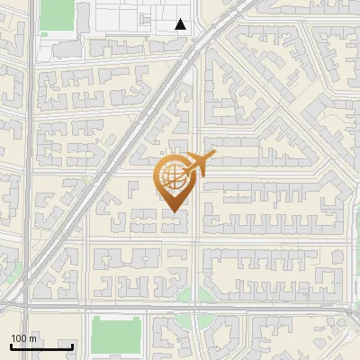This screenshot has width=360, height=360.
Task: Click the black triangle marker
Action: [181, 24]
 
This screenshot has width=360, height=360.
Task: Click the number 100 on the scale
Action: [20, 338]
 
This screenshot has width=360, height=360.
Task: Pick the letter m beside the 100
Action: [33, 338]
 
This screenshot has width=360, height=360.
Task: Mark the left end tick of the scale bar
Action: [11, 345]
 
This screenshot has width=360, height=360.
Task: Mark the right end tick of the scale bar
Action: [73, 345]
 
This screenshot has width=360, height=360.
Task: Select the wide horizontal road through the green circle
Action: [270, 306]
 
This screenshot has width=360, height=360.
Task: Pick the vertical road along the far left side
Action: [31, 180]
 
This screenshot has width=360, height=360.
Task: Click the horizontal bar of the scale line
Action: [41, 346]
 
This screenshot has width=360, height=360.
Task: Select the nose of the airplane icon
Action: [212, 155]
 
